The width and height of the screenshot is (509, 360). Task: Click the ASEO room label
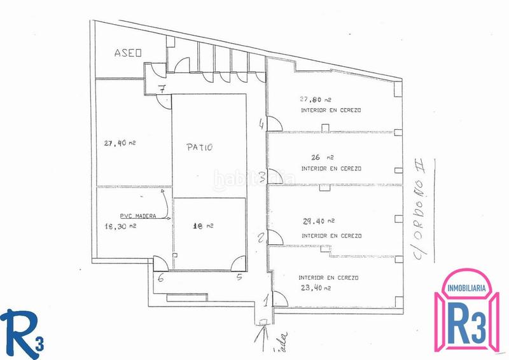[127, 53]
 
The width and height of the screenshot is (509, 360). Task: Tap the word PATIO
[199, 147]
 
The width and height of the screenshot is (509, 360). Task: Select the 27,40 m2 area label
[120, 143]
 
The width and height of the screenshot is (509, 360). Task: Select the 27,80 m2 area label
[316, 99]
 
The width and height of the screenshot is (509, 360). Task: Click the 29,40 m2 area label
[320, 221]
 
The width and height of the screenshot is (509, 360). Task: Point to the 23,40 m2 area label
[314, 288]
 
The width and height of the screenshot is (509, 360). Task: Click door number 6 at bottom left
[161, 277]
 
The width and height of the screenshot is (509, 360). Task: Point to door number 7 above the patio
[163, 90]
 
